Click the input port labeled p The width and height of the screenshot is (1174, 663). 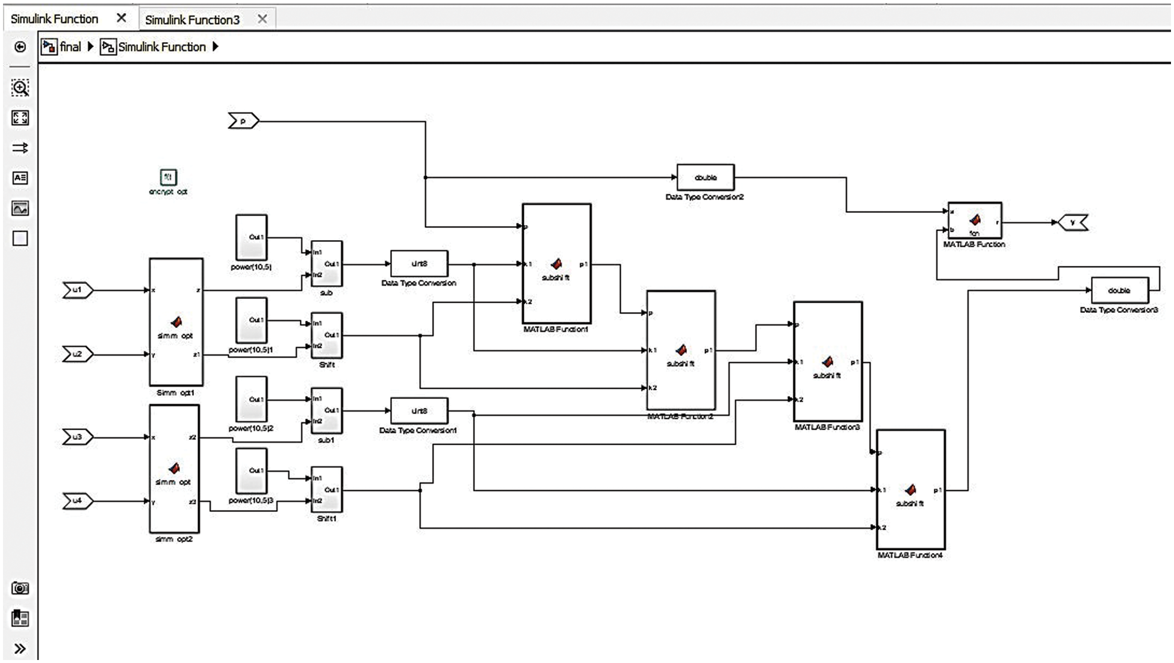[243, 122]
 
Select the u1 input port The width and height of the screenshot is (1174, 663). [77, 291]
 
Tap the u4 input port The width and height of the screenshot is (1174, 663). [77, 501]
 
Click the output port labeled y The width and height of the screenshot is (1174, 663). [1072, 223]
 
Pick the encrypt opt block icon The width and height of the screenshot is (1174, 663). [168, 177]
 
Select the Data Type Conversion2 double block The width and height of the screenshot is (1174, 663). [705, 177]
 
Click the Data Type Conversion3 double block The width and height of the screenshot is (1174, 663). [1119, 291]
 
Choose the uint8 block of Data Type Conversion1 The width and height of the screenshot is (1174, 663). [419, 411]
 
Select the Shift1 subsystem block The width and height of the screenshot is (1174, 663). [326, 489]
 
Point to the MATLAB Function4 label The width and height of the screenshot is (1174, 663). [910, 555]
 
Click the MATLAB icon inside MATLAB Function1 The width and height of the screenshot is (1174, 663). [556, 264]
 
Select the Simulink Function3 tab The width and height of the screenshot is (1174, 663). [192, 20]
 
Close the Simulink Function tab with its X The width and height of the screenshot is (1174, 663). [122, 18]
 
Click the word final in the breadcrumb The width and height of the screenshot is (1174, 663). [70, 47]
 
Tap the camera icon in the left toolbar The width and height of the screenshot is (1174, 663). [20, 588]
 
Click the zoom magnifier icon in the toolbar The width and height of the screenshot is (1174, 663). [20, 88]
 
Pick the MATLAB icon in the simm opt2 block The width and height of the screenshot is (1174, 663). [174, 468]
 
